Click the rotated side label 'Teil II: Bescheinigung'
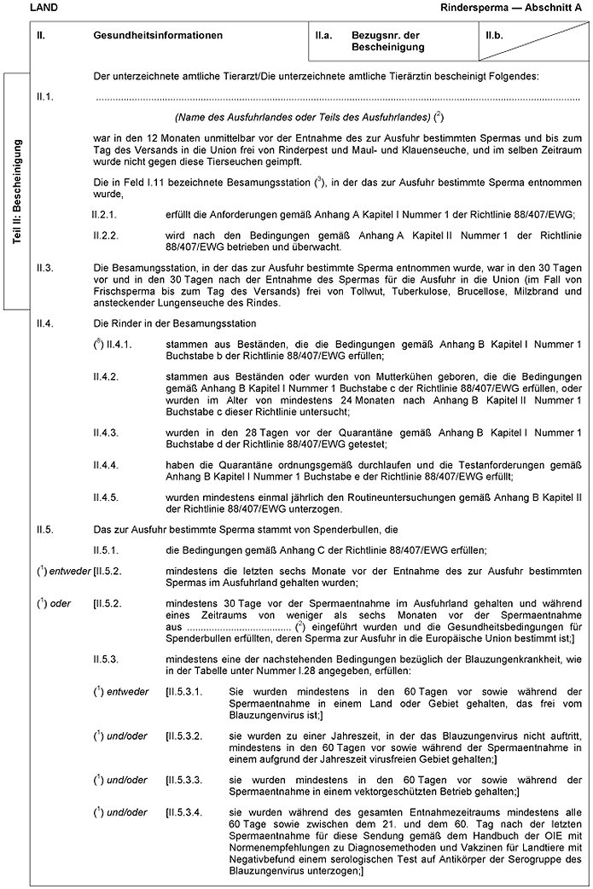[17, 193]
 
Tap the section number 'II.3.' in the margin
[45, 269]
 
